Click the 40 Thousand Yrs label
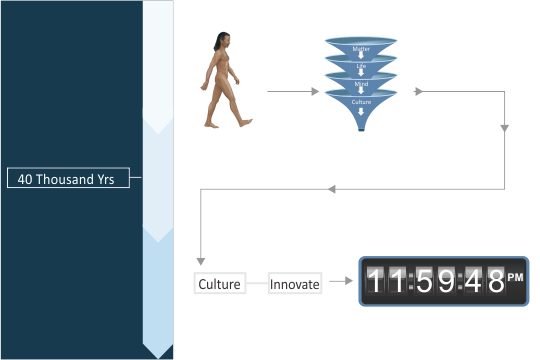(66, 179)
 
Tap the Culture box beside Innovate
(219, 284)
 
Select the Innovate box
(295, 284)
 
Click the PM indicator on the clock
(516, 277)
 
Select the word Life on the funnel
(361, 67)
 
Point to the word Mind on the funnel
(361, 84)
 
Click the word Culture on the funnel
(361, 102)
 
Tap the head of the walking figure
(218, 41)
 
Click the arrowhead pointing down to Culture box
(202, 263)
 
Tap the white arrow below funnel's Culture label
(361, 111)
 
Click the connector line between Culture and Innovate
(256, 284)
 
